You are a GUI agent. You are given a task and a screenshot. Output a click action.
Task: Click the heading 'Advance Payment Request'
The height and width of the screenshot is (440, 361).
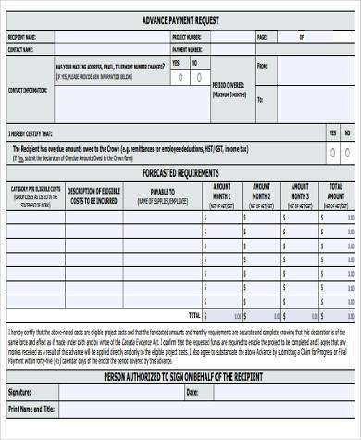pyautogui.click(x=180, y=19)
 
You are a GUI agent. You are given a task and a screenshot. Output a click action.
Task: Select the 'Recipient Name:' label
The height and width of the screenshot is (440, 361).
pyautogui.click(x=22, y=37)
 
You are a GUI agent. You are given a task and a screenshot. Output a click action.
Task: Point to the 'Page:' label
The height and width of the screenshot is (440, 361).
pyautogui.click(x=261, y=37)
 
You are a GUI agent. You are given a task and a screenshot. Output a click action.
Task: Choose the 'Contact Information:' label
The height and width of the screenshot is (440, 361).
pyautogui.click(x=28, y=90)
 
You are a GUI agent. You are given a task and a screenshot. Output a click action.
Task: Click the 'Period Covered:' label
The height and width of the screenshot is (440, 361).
pyautogui.click(x=229, y=85)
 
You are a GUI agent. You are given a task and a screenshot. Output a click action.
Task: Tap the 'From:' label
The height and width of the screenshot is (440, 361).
pyautogui.click(x=262, y=66)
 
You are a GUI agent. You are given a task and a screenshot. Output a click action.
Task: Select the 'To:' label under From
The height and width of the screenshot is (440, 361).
pyautogui.click(x=260, y=98)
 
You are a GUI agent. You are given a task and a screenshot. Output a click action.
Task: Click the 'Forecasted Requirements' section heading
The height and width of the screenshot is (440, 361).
pyautogui.click(x=180, y=172)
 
